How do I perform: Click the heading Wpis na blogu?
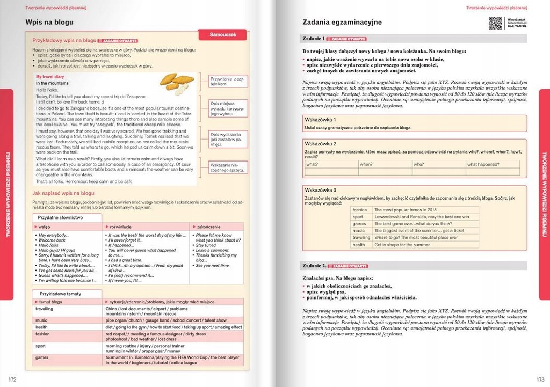click(x=49, y=23)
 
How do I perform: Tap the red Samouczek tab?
click(x=222, y=35)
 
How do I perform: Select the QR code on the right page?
click(x=495, y=23)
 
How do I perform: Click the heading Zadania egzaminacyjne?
click(x=342, y=23)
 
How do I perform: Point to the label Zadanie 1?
click(x=314, y=39)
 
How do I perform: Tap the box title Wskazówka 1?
click(x=320, y=119)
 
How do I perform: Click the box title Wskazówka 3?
click(x=320, y=190)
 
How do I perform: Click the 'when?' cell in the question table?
click(x=366, y=165)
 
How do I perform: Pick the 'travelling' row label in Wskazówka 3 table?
click(x=361, y=237)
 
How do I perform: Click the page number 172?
click(x=12, y=379)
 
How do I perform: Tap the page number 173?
click(x=540, y=379)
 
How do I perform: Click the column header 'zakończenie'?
click(x=209, y=227)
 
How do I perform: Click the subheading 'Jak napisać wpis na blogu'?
click(x=63, y=193)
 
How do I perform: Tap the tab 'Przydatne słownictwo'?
click(x=60, y=218)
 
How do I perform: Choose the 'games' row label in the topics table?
click(x=42, y=357)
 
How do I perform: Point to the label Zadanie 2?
click(x=314, y=266)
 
